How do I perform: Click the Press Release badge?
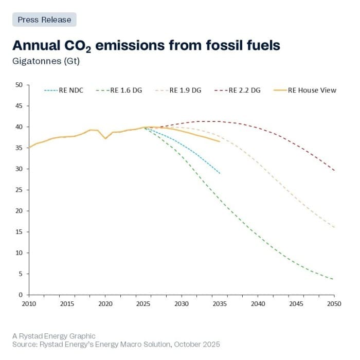(44, 20)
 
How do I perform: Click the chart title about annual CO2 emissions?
(146, 46)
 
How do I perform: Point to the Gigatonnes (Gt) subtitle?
(46, 61)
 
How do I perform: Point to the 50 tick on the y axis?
(19, 85)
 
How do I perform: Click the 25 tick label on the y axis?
(19, 190)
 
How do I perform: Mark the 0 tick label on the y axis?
(20, 295)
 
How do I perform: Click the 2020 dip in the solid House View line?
(105, 138)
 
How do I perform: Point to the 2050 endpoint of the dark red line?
(334, 171)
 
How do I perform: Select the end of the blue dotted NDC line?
(220, 173)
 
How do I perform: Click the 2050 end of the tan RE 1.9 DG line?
(334, 227)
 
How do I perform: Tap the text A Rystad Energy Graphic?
(54, 336)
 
